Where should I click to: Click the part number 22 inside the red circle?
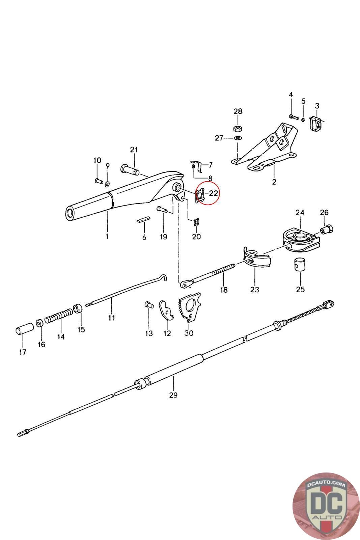[x=213, y=193]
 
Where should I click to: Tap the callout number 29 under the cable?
[x=173, y=395]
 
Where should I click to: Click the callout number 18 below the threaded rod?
[x=224, y=289]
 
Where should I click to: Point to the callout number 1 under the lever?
[x=107, y=236]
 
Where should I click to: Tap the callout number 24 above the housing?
[x=300, y=213]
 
